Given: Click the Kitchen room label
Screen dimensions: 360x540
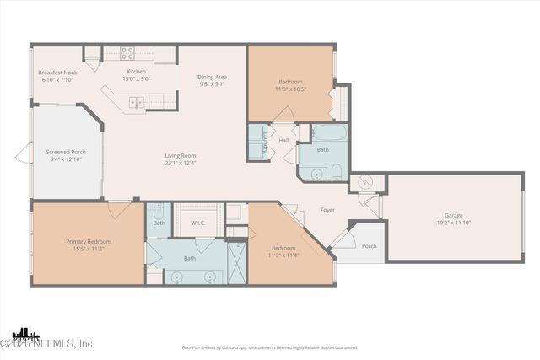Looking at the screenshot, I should coord(136,73).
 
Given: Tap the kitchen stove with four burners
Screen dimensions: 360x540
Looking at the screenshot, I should coord(128,53).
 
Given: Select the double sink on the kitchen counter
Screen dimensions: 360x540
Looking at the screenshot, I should coord(136,103).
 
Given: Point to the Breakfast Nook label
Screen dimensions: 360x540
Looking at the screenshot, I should coord(57,73).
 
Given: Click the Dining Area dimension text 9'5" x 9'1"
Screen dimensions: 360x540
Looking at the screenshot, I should coord(213,84).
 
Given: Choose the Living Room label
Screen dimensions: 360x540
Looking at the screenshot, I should coord(181,155).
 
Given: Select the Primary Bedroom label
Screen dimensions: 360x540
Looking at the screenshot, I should coord(89,241).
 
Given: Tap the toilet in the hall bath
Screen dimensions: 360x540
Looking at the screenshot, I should coord(336,174).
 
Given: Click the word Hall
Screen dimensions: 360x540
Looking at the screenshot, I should coord(284,140).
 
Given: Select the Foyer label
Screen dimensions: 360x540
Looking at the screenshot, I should coord(328,210).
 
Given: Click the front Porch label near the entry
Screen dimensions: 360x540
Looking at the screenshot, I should coord(369,246).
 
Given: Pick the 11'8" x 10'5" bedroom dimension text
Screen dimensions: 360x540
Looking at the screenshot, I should coord(290,88).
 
